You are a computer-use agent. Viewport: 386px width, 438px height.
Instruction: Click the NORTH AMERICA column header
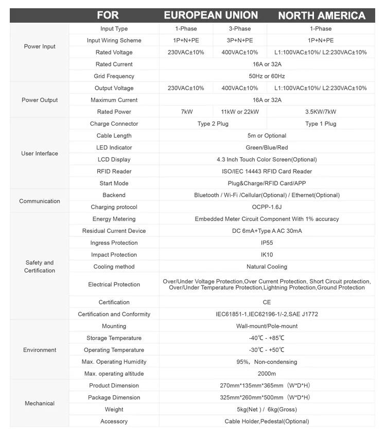(322, 15)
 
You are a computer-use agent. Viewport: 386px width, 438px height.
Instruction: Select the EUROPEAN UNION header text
(211, 15)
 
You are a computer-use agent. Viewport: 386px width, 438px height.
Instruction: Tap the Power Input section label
(40, 47)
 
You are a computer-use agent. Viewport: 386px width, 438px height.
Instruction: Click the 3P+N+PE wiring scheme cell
(240, 41)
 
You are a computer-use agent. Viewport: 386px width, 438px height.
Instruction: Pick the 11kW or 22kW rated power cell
(240, 112)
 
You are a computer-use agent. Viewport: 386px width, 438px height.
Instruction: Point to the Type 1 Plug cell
(321, 124)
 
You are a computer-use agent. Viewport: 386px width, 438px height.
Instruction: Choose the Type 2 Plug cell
(213, 124)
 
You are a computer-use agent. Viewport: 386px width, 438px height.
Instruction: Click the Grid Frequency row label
(114, 76)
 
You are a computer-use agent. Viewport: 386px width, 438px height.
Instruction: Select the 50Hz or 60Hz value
(267, 76)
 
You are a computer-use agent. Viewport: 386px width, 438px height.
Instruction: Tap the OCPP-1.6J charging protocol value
(267, 207)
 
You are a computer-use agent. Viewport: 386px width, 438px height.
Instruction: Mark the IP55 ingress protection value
(267, 243)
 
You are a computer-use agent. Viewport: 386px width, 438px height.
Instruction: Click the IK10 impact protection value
(267, 255)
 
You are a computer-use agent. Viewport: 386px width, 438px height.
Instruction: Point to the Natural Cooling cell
(267, 267)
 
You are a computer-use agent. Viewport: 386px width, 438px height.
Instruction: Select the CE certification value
(267, 302)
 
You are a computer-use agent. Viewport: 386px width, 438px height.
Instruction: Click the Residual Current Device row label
(114, 231)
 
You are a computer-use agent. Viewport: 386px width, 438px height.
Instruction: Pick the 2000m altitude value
(267, 374)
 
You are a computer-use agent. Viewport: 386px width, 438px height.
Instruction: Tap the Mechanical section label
(40, 403)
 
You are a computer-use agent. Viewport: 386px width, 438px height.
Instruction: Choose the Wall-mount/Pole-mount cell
(267, 326)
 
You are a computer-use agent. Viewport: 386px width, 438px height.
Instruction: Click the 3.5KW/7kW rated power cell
(321, 112)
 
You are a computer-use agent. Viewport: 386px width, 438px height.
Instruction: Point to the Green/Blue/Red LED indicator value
(267, 148)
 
